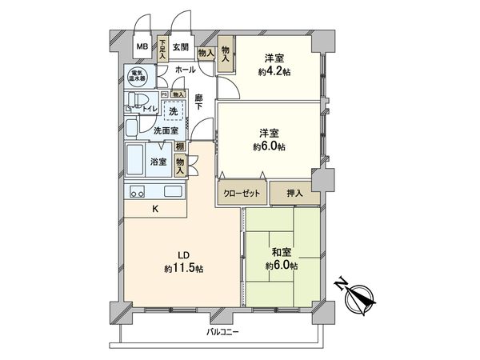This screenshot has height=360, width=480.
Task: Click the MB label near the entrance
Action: click(x=141, y=46)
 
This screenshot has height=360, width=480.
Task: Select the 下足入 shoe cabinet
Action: click(x=162, y=50)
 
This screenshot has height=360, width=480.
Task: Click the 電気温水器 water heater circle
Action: click(x=138, y=78)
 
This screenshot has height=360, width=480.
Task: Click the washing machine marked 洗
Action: click(x=173, y=111)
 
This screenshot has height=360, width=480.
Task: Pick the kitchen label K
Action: click(x=155, y=210)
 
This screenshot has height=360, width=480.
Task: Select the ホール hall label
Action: click(x=185, y=71)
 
